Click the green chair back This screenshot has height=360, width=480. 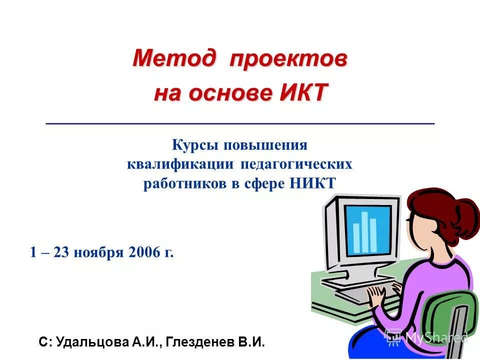(x=450, y=320)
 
